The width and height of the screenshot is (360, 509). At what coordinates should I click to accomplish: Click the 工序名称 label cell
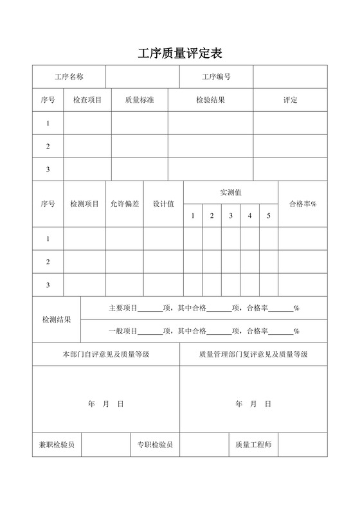click(x=69, y=77)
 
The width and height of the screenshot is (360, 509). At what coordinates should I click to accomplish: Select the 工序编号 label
click(x=216, y=77)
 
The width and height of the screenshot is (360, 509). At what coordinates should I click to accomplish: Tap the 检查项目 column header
click(x=87, y=100)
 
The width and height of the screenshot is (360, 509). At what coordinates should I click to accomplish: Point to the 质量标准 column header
click(x=139, y=100)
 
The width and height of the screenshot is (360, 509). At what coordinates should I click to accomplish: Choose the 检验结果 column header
click(x=210, y=100)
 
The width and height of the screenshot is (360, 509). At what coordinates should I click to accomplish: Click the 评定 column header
click(x=290, y=100)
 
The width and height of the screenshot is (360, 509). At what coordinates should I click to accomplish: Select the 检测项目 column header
click(x=84, y=204)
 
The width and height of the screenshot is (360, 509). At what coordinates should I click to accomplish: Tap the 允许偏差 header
click(x=125, y=204)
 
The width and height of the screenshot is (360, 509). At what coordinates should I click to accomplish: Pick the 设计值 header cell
click(x=163, y=204)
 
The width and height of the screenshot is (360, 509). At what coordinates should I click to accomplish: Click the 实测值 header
click(x=231, y=192)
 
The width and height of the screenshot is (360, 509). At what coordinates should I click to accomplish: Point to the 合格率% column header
click(x=303, y=204)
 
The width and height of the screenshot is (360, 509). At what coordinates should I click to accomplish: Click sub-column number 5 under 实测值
click(x=269, y=215)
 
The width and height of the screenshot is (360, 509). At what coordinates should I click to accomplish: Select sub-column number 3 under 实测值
click(x=231, y=215)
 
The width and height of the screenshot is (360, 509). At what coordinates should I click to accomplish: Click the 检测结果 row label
click(x=57, y=319)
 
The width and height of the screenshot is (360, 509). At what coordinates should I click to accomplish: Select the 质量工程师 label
click(x=253, y=444)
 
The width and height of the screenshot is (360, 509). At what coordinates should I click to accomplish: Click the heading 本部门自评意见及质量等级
click(x=106, y=354)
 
